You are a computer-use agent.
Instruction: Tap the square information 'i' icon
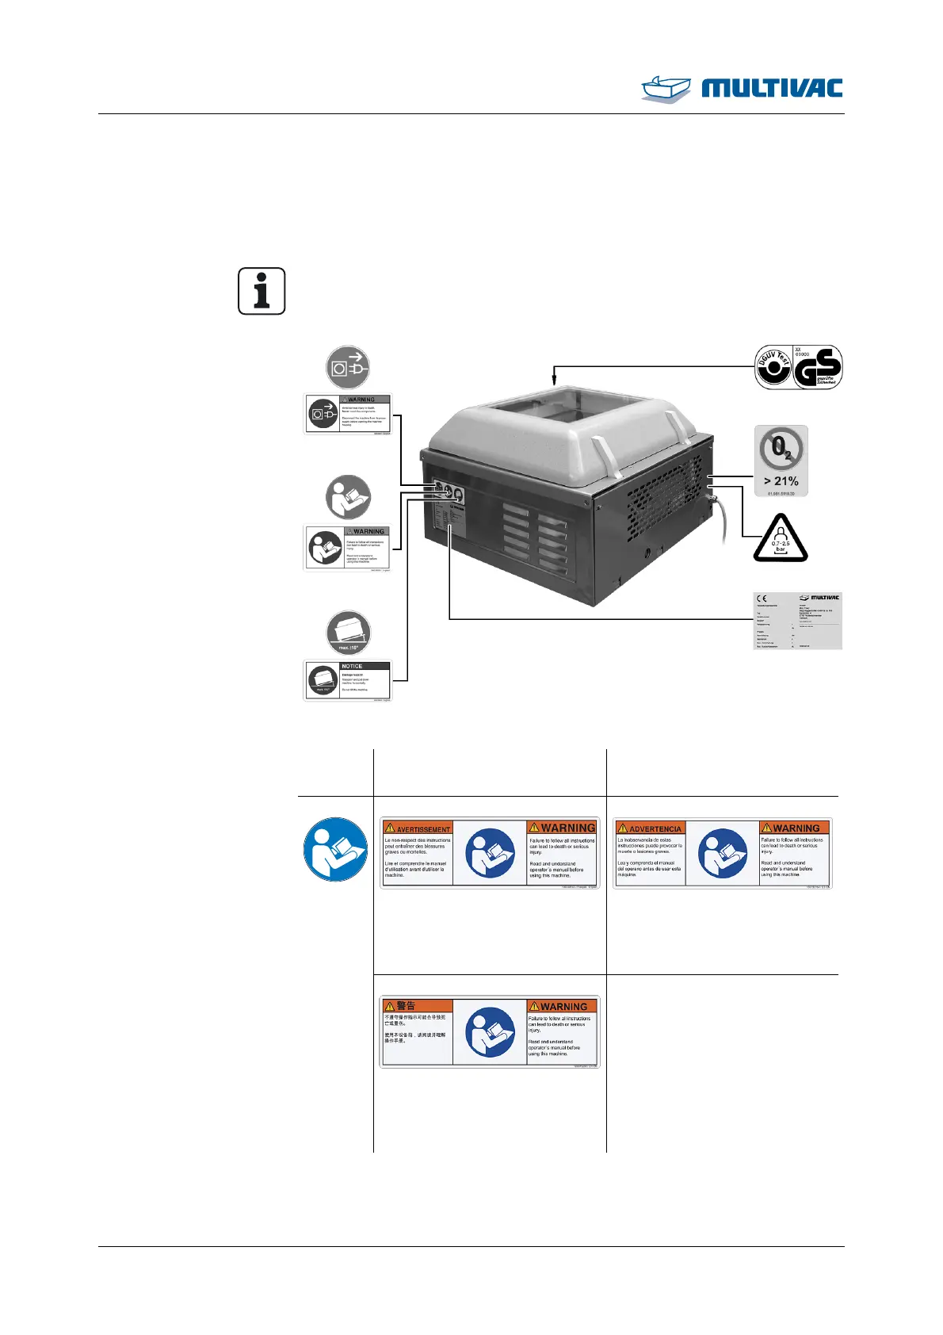click(262, 291)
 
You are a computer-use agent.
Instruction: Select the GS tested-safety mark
click(818, 367)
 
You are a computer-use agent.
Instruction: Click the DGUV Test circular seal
click(773, 367)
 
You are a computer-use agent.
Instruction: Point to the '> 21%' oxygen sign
click(781, 461)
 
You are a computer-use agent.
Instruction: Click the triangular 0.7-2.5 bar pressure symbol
click(781, 539)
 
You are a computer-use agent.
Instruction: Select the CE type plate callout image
click(796, 621)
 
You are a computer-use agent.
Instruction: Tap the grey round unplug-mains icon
click(348, 367)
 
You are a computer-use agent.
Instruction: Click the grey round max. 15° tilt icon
click(348, 633)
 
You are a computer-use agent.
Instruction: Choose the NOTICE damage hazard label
click(347, 681)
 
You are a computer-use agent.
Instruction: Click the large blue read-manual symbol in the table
click(335, 849)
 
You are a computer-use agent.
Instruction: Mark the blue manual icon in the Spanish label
click(722, 854)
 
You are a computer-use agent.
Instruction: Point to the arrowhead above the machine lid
click(555, 380)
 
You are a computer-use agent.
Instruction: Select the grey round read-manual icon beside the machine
click(348, 497)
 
